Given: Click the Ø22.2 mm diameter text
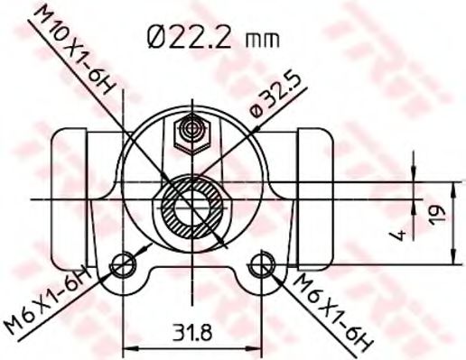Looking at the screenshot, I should coord(210,38).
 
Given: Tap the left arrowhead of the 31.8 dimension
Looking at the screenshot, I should coord(127,346).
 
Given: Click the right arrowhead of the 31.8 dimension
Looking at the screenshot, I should coord(256,346).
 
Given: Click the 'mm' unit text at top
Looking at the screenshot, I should coord(264,40).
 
